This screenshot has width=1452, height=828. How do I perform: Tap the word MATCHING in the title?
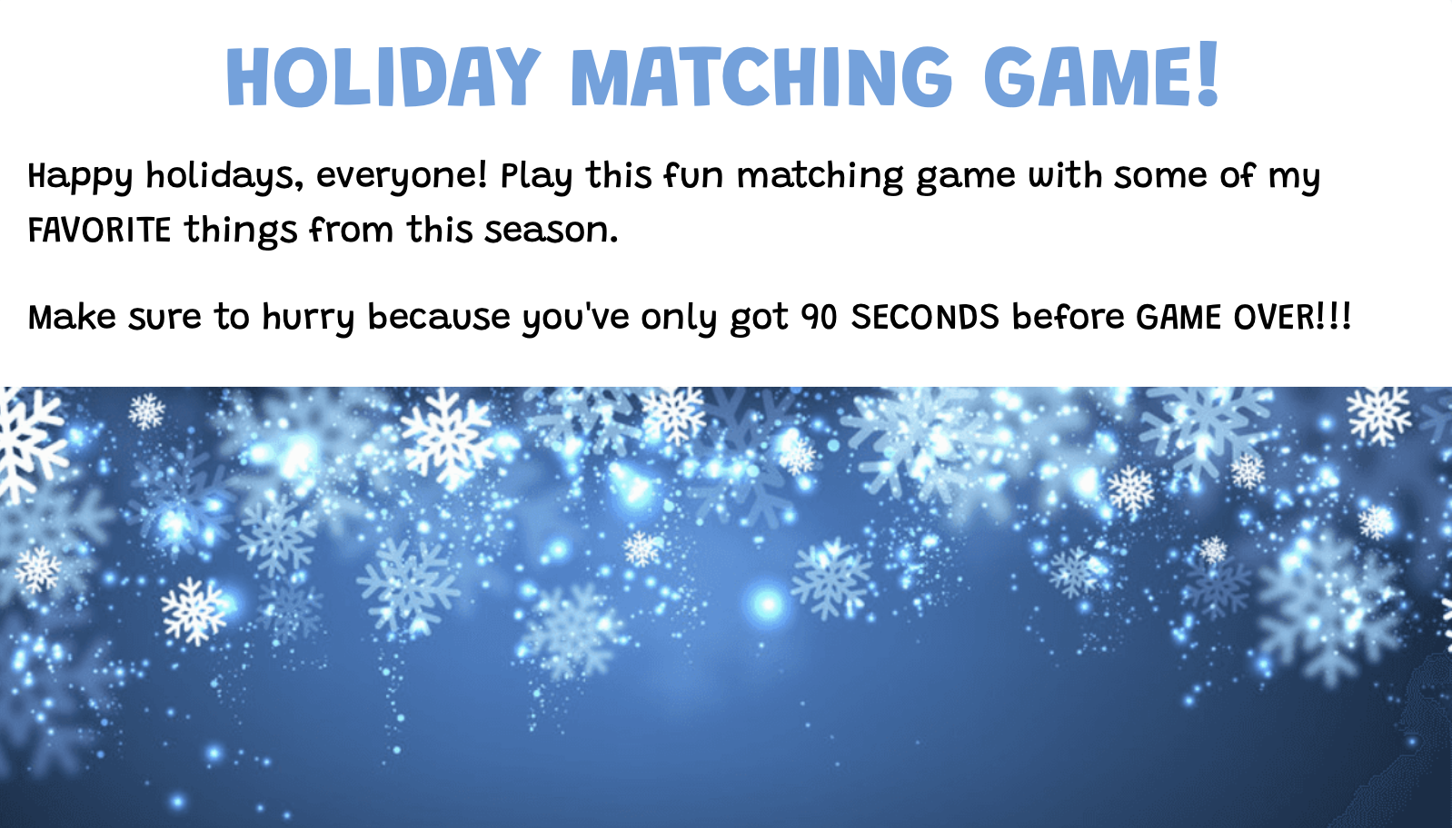761,76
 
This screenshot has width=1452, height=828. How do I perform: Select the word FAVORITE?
99,230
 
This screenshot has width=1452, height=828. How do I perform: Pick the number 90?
820,318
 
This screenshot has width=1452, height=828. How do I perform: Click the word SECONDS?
924,317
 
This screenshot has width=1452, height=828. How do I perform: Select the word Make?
72,317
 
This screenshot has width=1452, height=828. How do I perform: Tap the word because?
438,317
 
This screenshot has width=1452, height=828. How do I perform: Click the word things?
241,232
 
